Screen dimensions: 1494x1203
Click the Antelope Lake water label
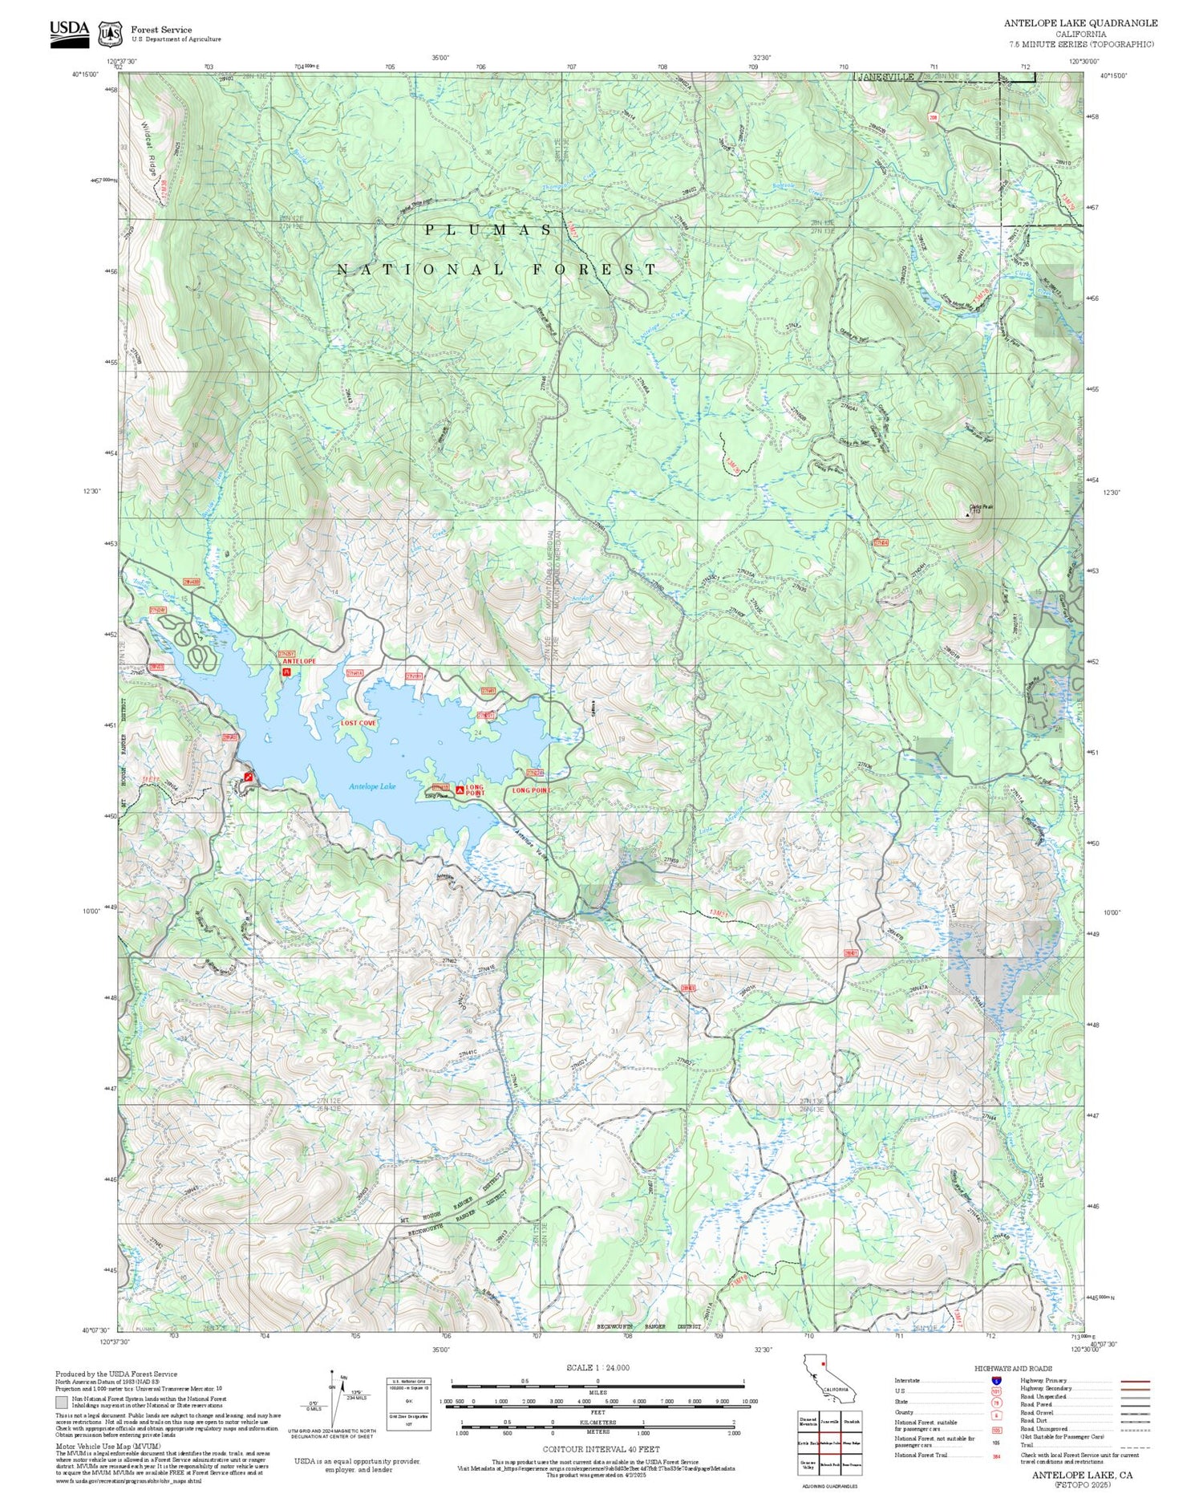point(372,787)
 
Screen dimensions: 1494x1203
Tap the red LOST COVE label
point(358,723)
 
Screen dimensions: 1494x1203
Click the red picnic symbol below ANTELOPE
point(286,672)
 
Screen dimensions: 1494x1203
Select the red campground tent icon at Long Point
point(460,790)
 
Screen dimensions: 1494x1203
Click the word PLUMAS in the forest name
point(488,230)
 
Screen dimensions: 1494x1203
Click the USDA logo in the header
point(70,33)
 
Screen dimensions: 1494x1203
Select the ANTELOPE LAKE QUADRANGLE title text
point(1080,23)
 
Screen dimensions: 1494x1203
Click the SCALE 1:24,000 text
point(597,1368)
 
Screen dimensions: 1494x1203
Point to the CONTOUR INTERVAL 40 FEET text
point(601,1449)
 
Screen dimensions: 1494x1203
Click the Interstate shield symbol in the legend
point(996,1380)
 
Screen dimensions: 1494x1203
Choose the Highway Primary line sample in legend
point(1134,1382)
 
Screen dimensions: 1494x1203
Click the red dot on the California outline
point(823,1362)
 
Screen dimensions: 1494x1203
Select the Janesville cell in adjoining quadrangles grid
point(829,1420)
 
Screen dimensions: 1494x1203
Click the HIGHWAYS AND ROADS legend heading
point(1014,1369)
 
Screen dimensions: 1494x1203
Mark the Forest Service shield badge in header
point(110,34)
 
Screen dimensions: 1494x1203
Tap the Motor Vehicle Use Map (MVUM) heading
point(94,1445)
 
